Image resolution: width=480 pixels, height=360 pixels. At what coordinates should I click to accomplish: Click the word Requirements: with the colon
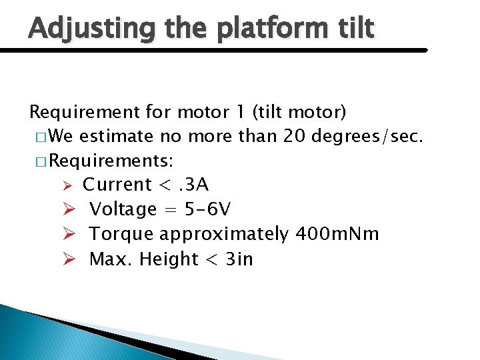point(112,161)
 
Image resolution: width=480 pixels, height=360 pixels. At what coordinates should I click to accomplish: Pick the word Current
point(117,185)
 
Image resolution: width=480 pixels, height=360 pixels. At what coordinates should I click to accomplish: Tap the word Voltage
point(123,209)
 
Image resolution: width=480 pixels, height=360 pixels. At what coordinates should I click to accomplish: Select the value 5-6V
point(199,209)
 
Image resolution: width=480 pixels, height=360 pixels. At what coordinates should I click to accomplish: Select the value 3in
point(239,259)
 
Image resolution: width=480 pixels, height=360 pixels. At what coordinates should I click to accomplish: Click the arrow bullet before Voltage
point(67,209)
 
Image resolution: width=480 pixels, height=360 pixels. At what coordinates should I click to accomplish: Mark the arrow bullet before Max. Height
point(67,259)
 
